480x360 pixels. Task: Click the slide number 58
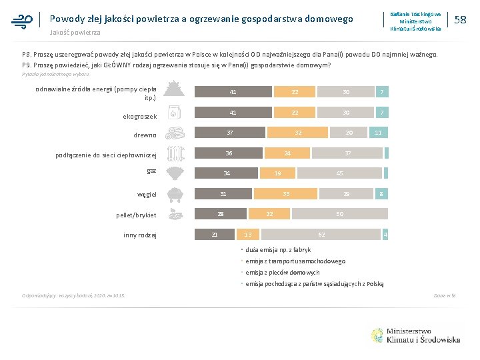pyautogui.click(x=459, y=20)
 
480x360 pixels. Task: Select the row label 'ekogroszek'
pyautogui.click(x=139, y=117)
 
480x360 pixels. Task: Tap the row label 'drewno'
pyautogui.click(x=145, y=135)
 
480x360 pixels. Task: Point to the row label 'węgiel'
pyautogui.click(x=147, y=195)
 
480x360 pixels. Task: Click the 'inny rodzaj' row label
pyautogui.click(x=140, y=235)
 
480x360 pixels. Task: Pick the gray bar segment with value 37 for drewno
pyautogui.click(x=229, y=133)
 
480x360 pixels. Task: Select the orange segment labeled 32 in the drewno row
pyautogui.click(x=299, y=133)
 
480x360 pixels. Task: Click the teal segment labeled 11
pyautogui.click(x=379, y=133)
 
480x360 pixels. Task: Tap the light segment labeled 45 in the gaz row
pyautogui.click(x=339, y=174)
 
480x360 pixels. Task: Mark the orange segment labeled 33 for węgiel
pyautogui.click(x=285, y=194)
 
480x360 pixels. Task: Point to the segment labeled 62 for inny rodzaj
pyautogui.click(x=321, y=235)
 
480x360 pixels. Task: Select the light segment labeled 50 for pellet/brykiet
pyautogui.click(x=339, y=214)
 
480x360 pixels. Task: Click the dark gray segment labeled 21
pyautogui.click(x=215, y=234)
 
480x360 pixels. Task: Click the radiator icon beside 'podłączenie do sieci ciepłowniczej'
pyautogui.click(x=175, y=155)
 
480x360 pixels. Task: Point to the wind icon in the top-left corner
pyautogui.click(x=22, y=20)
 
